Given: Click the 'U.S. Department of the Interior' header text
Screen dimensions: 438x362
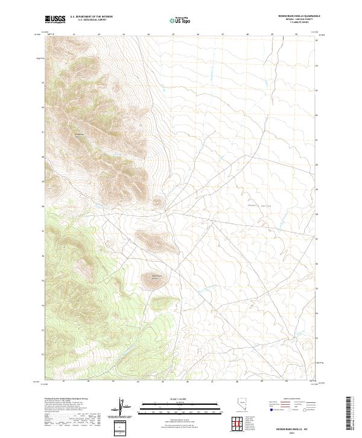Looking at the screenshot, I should [91, 17].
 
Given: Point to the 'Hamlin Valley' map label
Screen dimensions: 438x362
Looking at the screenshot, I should [259, 206].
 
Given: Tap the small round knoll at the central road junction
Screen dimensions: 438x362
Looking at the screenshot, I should [158, 203].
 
